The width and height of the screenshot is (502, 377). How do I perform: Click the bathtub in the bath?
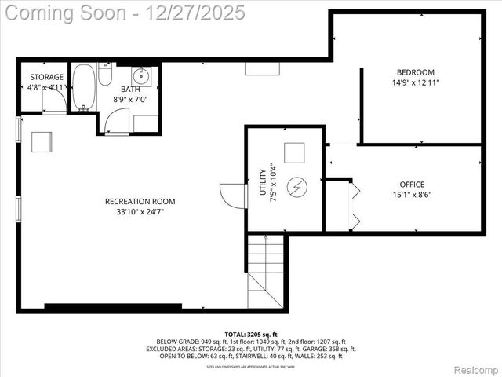tap(83, 86)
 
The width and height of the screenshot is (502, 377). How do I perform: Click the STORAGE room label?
tap(47, 77)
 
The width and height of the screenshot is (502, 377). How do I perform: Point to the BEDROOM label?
tap(416, 72)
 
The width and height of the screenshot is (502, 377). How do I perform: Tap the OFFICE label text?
tap(412, 185)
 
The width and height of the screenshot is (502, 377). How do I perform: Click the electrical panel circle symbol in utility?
tap(297, 187)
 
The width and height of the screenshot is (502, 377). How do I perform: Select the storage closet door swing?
tap(53, 104)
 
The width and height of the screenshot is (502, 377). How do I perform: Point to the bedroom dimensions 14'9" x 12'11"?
tap(416, 82)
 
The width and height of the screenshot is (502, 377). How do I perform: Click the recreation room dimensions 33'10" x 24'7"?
tap(135, 211)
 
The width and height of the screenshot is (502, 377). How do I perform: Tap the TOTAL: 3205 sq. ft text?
tap(251, 335)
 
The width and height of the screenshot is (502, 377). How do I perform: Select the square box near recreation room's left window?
tap(42, 141)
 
